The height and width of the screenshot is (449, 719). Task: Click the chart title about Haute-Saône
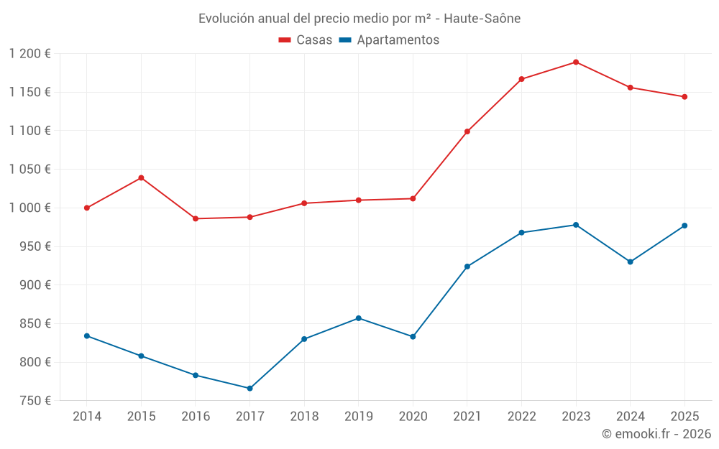coord(359,18)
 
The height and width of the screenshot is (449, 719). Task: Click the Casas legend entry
coord(306,40)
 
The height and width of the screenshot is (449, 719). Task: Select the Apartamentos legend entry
coord(388,40)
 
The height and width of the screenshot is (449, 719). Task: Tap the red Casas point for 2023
coord(576,62)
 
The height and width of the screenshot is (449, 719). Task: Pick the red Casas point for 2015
coord(141,177)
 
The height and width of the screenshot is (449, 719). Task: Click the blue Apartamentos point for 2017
coord(249,388)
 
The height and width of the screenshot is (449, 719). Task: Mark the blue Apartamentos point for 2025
coord(684,226)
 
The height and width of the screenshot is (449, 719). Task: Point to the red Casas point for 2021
coord(467,131)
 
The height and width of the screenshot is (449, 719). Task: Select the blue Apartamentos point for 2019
coord(359,318)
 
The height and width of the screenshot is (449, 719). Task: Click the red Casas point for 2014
coord(87,208)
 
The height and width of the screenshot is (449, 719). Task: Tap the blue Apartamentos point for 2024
coord(630,261)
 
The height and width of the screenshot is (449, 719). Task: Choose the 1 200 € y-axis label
coord(30,54)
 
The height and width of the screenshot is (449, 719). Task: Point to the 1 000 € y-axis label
coord(30,208)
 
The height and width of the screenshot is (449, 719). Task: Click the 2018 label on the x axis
coord(304,416)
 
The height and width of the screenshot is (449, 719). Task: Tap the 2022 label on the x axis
coord(521,416)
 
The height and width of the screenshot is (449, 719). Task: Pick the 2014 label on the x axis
coord(87,416)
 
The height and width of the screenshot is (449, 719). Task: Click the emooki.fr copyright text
coord(656,434)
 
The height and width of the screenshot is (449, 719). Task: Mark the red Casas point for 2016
coord(196,218)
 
